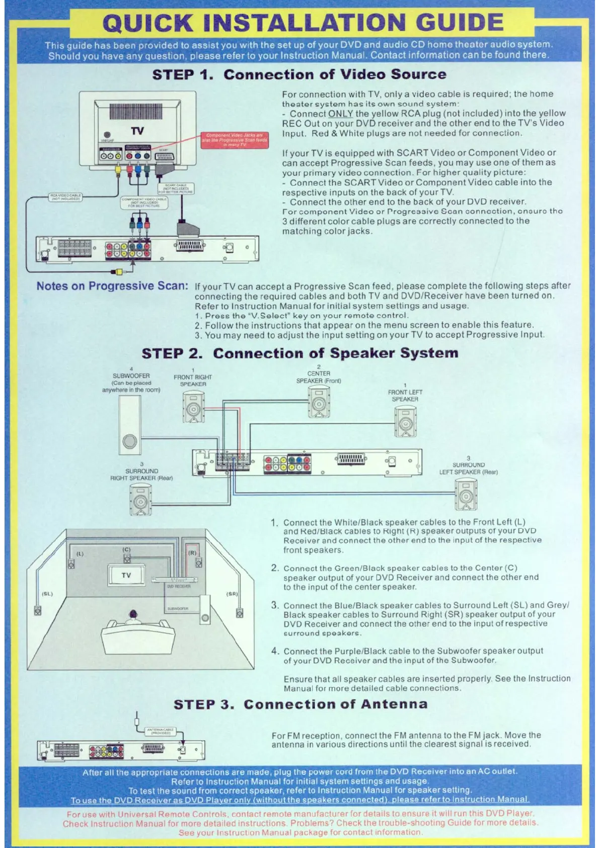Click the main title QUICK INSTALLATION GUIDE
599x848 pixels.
[x=303, y=23]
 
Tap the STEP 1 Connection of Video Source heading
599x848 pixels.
[x=299, y=75]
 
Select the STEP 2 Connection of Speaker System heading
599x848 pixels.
[x=299, y=353]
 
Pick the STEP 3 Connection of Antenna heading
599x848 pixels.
[x=301, y=704]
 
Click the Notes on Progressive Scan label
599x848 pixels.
[x=112, y=286]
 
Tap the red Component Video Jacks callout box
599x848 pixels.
[x=235, y=139]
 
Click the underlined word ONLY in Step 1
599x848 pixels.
[x=340, y=114]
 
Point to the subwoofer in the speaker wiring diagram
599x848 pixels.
[x=129, y=425]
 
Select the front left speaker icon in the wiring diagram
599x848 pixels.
[x=405, y=421]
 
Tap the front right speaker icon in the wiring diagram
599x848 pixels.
[x=193, y=407]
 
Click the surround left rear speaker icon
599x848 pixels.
[x=466, y=494]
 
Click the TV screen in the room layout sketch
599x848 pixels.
[x=126, y=575]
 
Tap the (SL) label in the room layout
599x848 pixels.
[x=47, y=594]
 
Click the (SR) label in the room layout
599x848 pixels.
[x=232, y=594]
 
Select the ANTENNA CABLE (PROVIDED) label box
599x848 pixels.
[x=160, y=731]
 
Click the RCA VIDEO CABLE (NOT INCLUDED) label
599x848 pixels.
[x=65, y=197]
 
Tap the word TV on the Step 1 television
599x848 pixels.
[x=137, y=131]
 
